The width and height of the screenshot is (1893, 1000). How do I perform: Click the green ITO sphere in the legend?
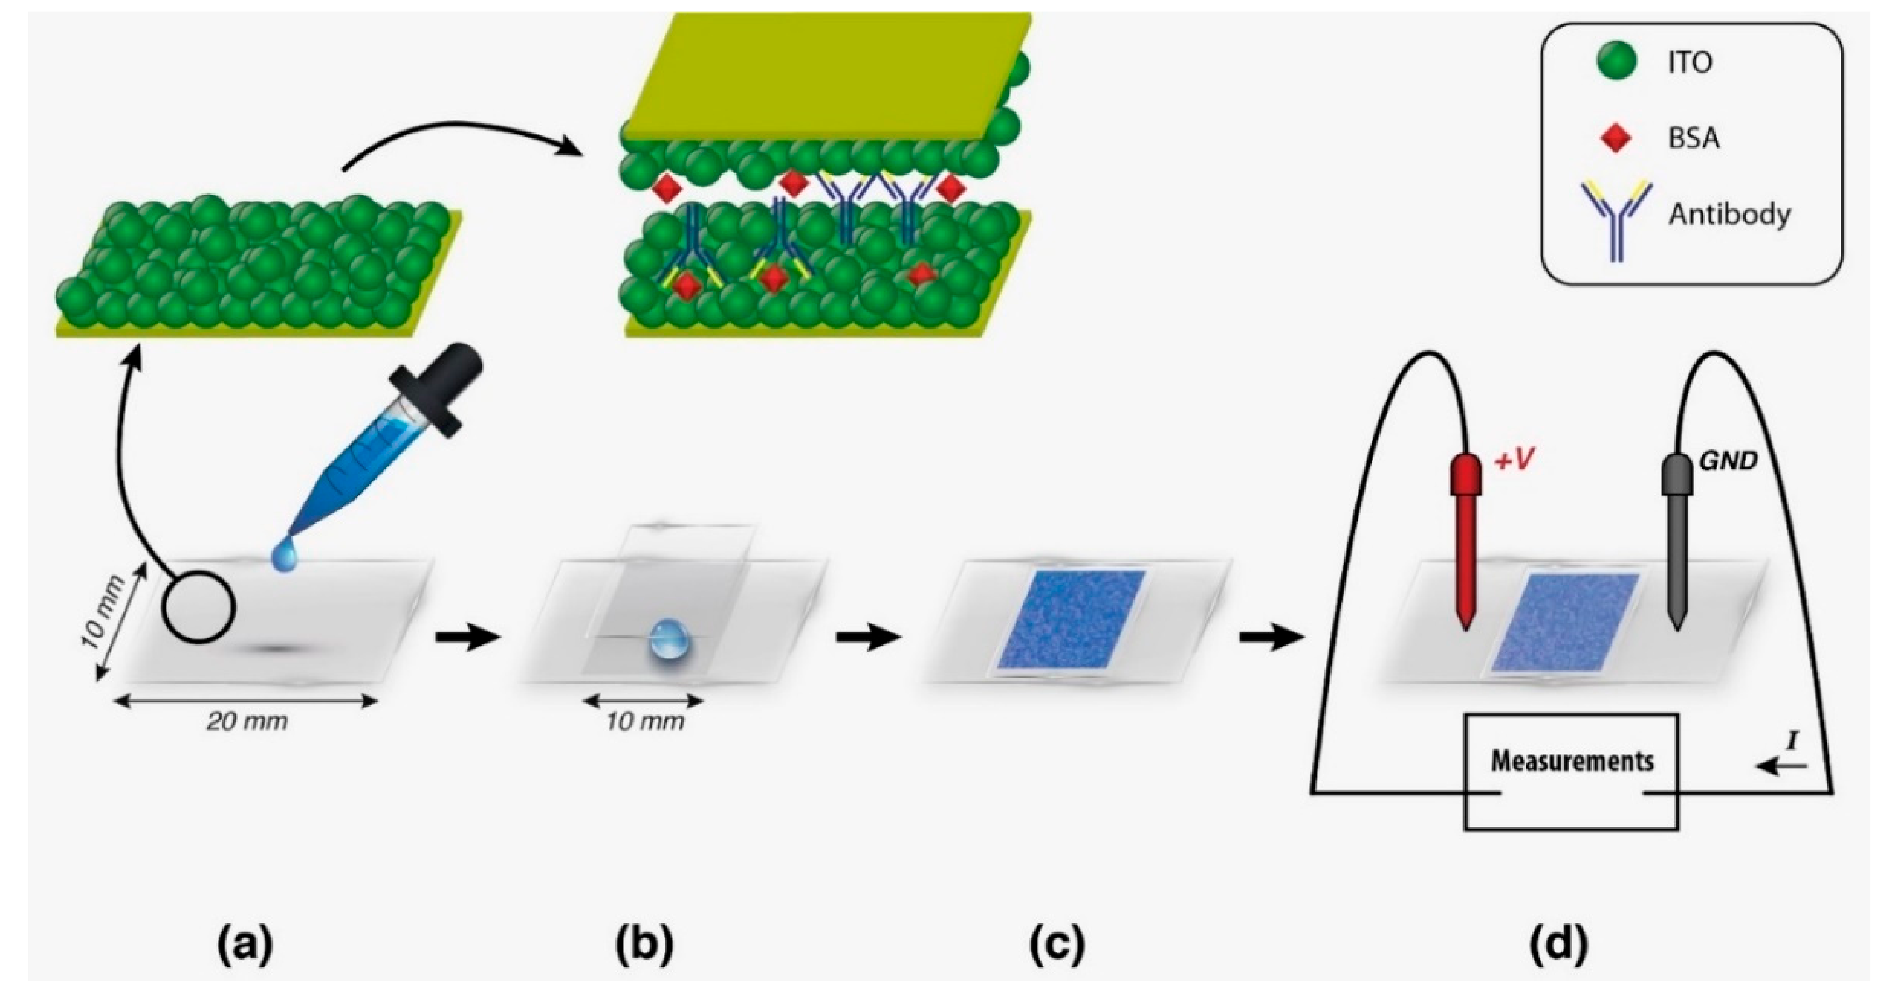[x=1617, y=61]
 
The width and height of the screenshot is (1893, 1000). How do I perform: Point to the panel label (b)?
[x=645, y=945]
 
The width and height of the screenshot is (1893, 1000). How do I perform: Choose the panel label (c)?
[x=1056, y=945]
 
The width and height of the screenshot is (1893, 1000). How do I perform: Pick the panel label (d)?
[x=1559, y=945]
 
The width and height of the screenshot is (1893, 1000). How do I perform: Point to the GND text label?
[x=1728, y=461]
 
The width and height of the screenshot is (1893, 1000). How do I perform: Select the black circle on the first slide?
[x=199, y=607]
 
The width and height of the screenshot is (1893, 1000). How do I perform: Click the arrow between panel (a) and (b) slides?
[x=467, y=637]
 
